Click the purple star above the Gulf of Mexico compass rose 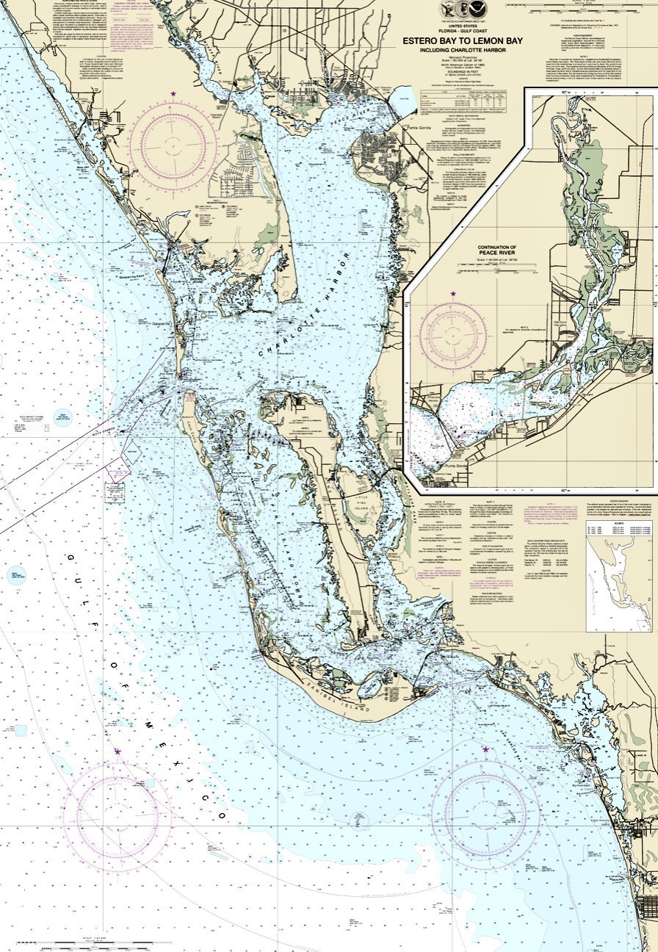(x=117, y=751)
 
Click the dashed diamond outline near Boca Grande (x=132, y=448)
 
